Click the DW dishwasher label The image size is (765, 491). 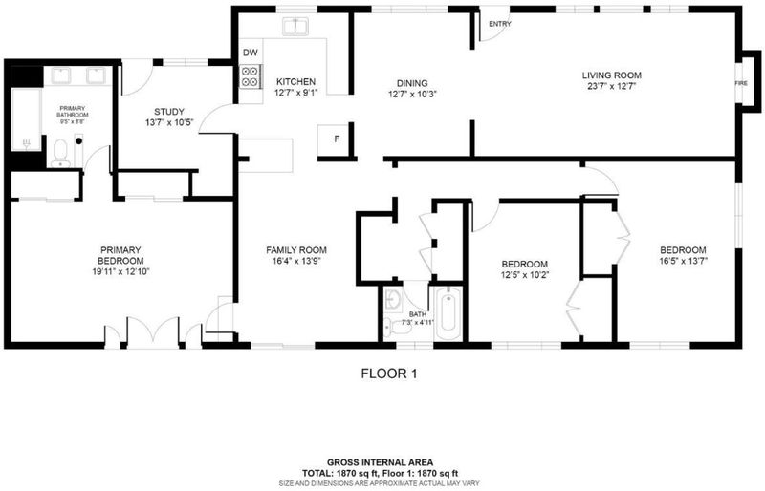click(x=251, y=53)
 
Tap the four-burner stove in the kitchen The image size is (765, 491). click(x=251, y=76)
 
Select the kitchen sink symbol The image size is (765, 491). click(x=295, y=27)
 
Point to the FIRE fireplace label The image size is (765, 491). click(x=741, y=83)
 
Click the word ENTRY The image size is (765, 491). click(x=500, y=24)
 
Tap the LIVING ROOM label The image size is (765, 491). click(x=611, y=75)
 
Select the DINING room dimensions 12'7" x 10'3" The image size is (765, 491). click(x=412, y=95)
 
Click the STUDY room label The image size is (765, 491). click(x=169, y=112)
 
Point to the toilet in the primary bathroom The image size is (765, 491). click(x=60, y=153)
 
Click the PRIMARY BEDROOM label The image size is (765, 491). click(x=120, y=255)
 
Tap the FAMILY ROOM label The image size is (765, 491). click(x=296, y=250)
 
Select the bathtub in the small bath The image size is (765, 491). click(x=448, y=312)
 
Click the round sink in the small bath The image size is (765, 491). click(x=393, y=299)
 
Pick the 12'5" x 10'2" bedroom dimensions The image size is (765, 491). click(x=525, y=275)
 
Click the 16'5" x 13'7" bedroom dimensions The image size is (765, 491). click(x=683, y=261)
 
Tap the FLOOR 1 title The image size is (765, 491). click(x=389, y=374)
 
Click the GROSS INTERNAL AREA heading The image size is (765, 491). click(x=380, y=462)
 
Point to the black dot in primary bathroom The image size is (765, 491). click(x=78, y=141)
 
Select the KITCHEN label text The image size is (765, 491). click(x=295, y=81)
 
